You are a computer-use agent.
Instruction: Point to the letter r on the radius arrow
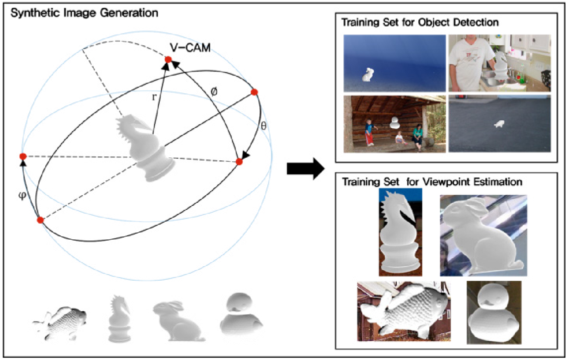point(154,97)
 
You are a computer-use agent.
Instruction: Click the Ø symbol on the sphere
point(214,93)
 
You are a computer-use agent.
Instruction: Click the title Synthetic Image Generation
point(84,13)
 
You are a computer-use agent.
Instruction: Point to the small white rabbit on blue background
point(368,76)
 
